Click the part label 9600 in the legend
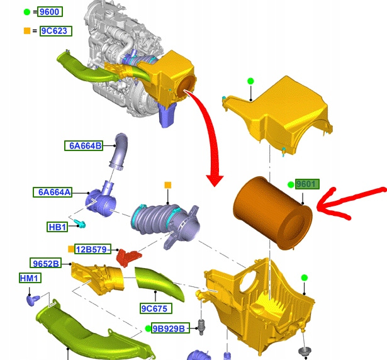click(50, 11)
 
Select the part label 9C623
click(56, 31)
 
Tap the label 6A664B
click(84, 145)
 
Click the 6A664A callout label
click(53, 192)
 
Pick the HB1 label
click(57, 227)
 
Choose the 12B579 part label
click(93, 249)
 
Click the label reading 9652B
click(46, 263)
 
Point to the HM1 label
click(30, 278)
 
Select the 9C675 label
click(155, 308)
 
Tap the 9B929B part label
click(171, 329)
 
